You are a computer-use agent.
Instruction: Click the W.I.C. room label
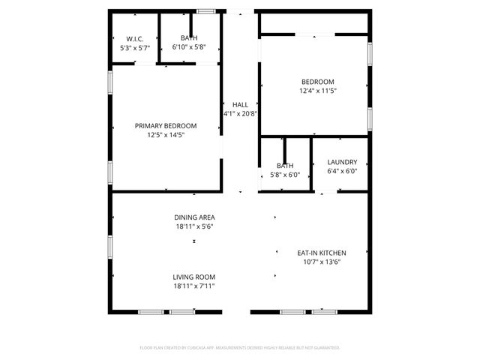point(135,38)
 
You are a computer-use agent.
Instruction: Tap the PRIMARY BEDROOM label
point(166,125)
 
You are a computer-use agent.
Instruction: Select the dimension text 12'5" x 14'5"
point(166,135)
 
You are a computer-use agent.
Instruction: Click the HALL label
point(240,105)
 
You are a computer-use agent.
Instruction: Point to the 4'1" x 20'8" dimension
point(240,114)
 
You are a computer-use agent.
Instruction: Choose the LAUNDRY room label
point(342,162)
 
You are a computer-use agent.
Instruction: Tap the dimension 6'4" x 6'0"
point(342,171)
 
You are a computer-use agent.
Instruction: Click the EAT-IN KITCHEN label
point(322,253)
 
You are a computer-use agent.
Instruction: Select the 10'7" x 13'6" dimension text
point(322,262)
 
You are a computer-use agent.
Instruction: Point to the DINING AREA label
point(195,217)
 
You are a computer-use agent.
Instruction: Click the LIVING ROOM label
point(194,277)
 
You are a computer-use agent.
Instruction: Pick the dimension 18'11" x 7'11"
point(194,286)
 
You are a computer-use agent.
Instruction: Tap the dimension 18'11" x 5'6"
point(195,226)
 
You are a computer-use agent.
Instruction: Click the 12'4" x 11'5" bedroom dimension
point(318,91)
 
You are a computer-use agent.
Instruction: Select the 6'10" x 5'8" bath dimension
point(189,47)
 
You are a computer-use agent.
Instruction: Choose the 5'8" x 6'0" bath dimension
point(285,175)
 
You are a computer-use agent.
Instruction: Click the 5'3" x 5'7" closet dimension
point(135,47)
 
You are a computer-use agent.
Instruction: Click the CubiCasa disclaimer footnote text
point(240,348)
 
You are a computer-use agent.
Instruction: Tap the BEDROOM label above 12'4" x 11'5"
point(318,82)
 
